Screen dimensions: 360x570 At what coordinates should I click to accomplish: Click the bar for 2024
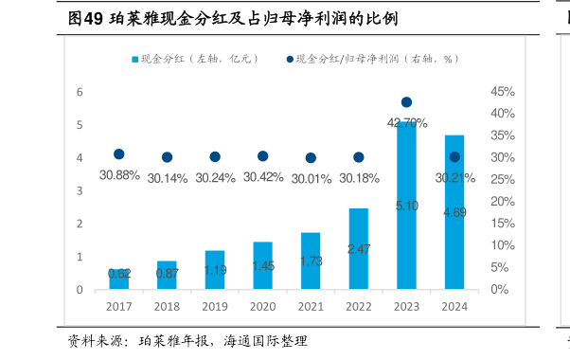pos(454,212)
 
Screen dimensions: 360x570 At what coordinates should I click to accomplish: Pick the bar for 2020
pos(262,265)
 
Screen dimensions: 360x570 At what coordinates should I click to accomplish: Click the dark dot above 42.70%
pos(406,102)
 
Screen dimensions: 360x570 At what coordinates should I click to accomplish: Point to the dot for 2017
pos(119,154)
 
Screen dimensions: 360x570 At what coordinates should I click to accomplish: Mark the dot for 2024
pos(454,157)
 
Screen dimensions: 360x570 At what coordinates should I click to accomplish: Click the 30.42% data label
pos(262,176)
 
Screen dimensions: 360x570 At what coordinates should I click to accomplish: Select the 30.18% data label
pos(358,177)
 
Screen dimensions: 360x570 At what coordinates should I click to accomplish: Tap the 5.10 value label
pos(406,206)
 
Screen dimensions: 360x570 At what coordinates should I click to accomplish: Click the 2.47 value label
pos(358,249)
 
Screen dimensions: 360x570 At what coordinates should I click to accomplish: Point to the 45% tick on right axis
pos(502,92)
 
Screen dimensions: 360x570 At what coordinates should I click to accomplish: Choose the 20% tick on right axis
pos(502,202)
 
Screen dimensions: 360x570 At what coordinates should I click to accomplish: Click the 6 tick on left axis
pos(80,92)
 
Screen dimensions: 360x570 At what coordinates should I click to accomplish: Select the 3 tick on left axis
pos(80,190)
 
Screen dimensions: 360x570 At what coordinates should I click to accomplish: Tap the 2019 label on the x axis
pos(215,307)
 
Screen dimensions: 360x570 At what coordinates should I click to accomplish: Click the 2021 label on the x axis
pos(311,307)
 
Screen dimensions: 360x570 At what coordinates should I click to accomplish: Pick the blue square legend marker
pos(135,59)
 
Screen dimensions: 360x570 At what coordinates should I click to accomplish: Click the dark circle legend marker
pos(290,59)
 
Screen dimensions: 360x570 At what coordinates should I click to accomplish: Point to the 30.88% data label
pos(119,175)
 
